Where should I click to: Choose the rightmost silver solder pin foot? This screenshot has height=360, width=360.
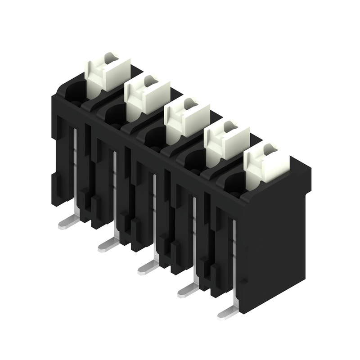(x=228, y=312)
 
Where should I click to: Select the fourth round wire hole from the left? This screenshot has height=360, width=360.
(x=194, y=157)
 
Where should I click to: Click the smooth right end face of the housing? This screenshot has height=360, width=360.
(x=274, y=243)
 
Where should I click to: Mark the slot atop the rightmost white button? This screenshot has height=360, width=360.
(x=269, y=148)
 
